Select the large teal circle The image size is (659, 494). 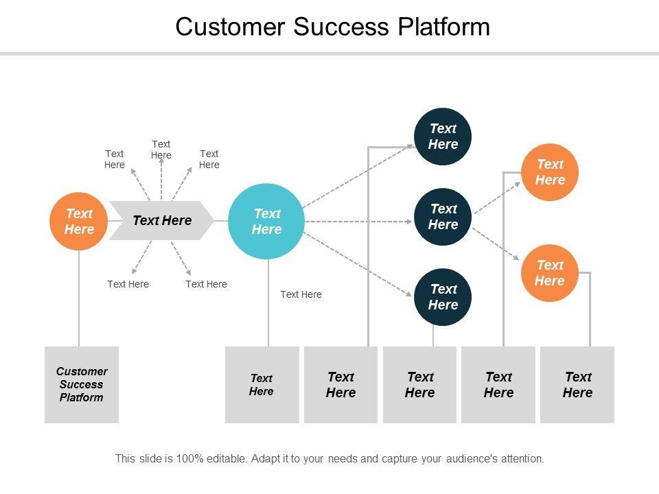[266, 222]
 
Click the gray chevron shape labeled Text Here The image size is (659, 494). [162, 220]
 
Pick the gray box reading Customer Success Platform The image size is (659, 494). [81, 384]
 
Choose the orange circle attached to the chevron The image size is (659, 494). [79, 221]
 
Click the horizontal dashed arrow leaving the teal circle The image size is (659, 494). [357, 222]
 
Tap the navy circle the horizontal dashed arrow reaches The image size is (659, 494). [443, 217]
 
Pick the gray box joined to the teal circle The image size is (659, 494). [262, 384]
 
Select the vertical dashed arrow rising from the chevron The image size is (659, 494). [161, 180]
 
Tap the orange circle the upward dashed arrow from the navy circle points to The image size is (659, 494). [550, 172]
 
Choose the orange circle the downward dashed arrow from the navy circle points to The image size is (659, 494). [549, 272]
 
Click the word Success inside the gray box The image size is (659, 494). [81, 384]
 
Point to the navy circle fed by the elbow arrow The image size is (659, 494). [443, 137]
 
